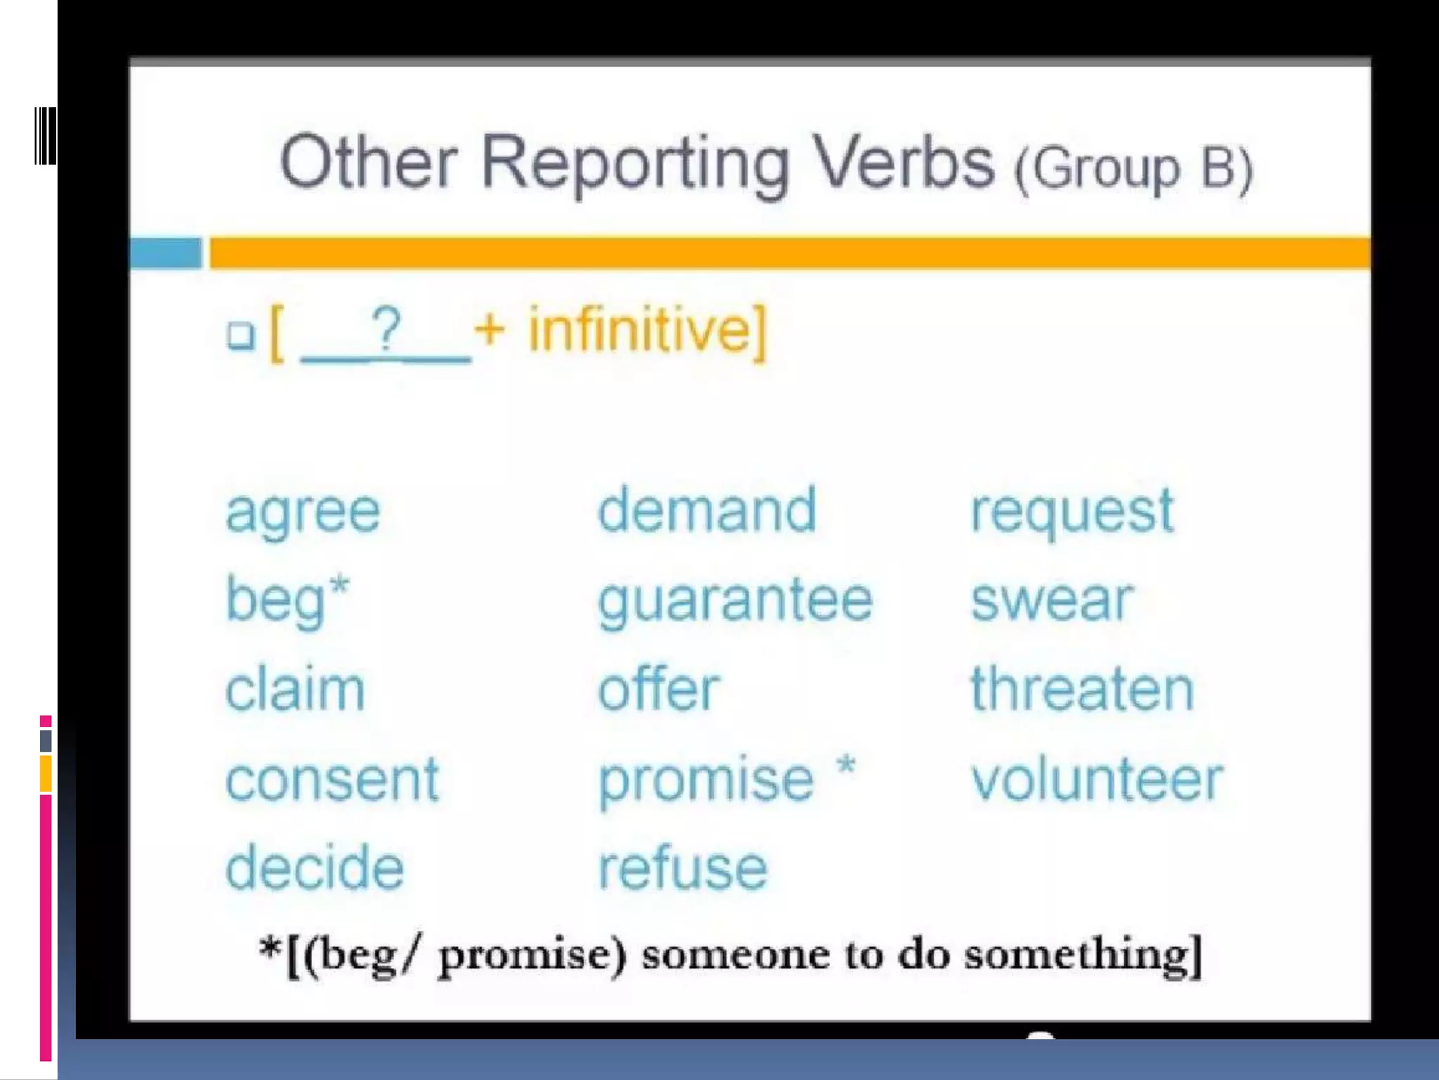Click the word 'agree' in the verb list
[303, 512]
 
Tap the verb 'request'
[1072, 512]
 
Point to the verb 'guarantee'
[735, 602]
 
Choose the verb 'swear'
[1052, 600]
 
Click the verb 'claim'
[295, 689]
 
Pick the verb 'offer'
[659, 689]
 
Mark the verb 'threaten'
[1082, 689]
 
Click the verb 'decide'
[315, 868]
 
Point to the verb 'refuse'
[682, 868]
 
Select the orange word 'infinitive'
[640, 330]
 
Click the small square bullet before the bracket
[241, 335]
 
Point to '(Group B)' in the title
[1133, 169]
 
